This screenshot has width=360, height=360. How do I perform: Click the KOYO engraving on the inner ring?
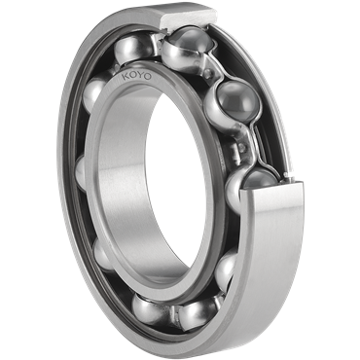pyautogui.click(x=136, y=77)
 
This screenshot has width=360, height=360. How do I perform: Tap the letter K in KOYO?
pyautogui.click(x=126, y=76)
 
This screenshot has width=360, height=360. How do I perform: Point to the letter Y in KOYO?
pyautogui.click(x=140, y=77)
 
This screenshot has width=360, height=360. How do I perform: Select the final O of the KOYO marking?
pyautogui.click(x=148, y=77)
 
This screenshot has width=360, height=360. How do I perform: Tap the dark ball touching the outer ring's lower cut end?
pyautogui.click(x=260, y=180)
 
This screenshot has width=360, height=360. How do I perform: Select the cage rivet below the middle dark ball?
pyautogui.click(x=242, y=148)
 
